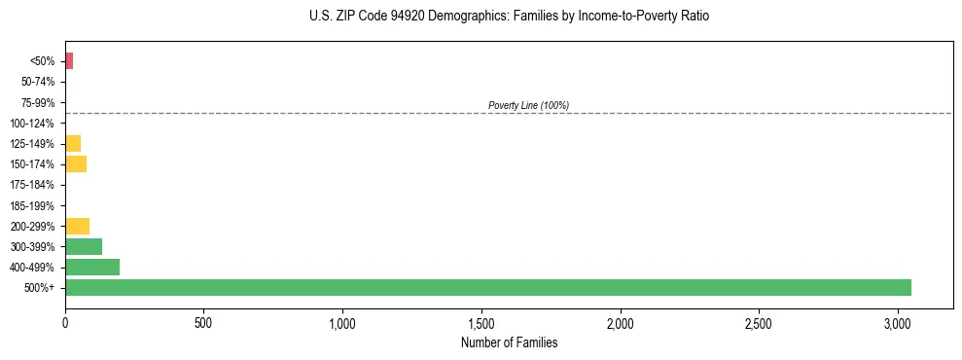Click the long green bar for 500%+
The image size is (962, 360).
pyautogui.click(x=487, y=287)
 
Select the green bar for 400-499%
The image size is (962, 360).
pyautogui.click(x=92, y=267)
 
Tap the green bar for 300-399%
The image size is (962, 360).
pyautogui.click(x=84, y=246)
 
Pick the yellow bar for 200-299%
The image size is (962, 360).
pyautogui.click(x=77, y=226)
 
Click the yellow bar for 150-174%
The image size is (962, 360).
pyautogui.click(x=76, y=163)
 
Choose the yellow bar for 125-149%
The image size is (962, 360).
pyautogui.click(x=73, y=143)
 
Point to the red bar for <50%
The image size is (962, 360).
pyautogui.click(x=69, y=61)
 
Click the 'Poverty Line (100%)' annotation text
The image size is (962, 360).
pyautogui.click(x=528, y=105)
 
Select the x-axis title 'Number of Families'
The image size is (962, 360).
pyautogui.click(x=509, y=342)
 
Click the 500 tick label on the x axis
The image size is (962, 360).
pyautogui.click(x=203, y=322)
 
